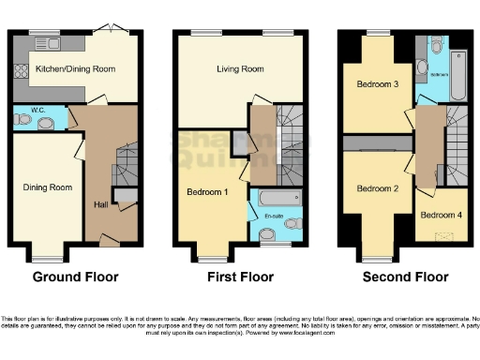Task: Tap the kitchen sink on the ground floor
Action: (x=44, y=43)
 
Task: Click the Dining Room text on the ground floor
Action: (x=47, y=187)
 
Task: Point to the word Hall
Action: (x=101, y=205)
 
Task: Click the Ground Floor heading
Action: (x=75, y=277)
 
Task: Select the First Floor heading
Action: (x=240, y=277)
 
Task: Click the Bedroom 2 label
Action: (x=377, y=187)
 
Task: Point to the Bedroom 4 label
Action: (x=441, y=215)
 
